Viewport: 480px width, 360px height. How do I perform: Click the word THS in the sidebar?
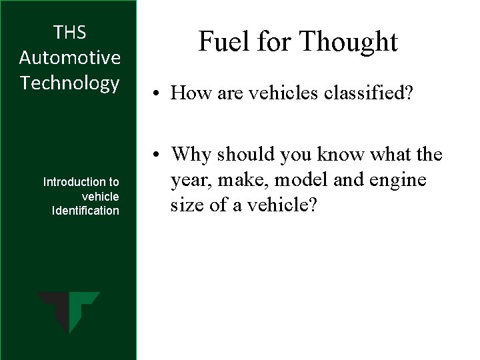tap(69, 32)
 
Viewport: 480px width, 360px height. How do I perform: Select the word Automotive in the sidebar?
tap(69, 57)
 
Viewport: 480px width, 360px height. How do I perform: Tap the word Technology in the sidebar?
tap(69, 83)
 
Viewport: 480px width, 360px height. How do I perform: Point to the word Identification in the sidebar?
tap(85, 211)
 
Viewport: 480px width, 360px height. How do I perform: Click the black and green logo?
tap(69, 312)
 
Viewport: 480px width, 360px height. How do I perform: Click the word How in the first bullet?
tap(187, 93)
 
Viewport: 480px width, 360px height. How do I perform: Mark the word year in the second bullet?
tap(189, 181)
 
